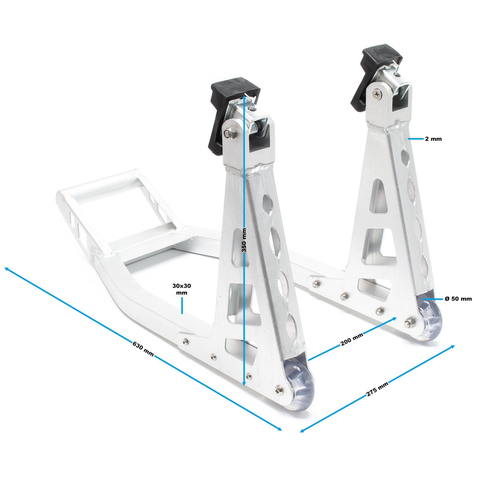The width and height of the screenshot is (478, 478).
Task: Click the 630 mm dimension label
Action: point(143,349)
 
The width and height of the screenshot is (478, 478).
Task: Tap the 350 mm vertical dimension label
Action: point(244,240)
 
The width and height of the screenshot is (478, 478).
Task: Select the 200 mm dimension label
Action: point(352,339)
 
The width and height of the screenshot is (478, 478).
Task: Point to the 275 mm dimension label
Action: point(377,389)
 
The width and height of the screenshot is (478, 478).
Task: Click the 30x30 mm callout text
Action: point(182,289)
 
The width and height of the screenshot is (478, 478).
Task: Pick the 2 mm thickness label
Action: point(433,139)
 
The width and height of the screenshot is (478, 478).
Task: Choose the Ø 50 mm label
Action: point(458,299)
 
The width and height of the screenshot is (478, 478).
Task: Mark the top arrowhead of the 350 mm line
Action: point(244,96)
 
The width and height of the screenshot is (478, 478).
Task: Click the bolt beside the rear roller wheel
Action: point(408,323)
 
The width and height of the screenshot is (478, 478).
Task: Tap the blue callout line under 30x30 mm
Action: point(182,306)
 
